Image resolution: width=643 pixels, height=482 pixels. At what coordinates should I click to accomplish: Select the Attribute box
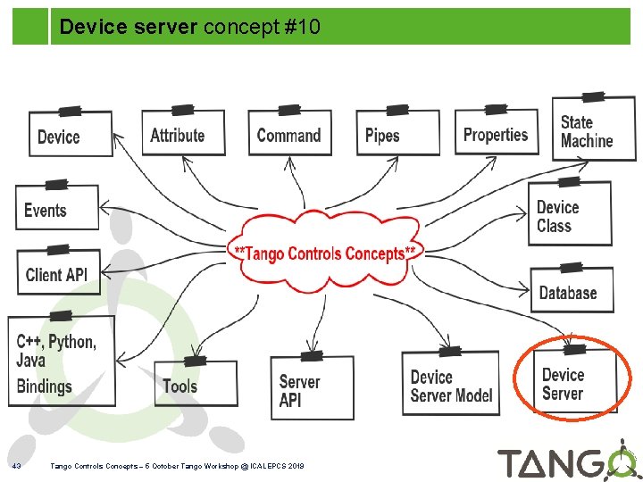pyautogui.click(x=182, y=134)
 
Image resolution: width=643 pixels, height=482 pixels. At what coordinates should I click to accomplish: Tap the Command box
pyautogui.click(x=288, y=134)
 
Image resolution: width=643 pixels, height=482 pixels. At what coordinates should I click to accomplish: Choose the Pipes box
pyautogui.click(x=397, y=135)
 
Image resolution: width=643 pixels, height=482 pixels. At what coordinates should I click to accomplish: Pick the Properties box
pyautogui.click(x=497, y=133)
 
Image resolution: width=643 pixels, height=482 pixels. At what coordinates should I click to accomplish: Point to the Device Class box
pyautogui.click(x=569, y=215)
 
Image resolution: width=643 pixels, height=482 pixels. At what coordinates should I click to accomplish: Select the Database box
pyautogui.click(x=570, y=291)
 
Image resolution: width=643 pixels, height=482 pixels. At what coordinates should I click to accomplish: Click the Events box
pyautogui.click(x=55, y=210)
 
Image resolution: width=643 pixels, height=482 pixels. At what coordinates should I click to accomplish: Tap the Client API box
pyautogui.click(x=58, y=272)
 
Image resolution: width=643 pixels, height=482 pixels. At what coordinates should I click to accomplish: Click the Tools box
pyautogui.click(x=194, y=385)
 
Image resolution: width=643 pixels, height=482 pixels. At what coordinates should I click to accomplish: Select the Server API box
pyautogui.click(x=311, y=389)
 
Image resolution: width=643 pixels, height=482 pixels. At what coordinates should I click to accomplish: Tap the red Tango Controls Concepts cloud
pyautogui.click(x=323, y=253)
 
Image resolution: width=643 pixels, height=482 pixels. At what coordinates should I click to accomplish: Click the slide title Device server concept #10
pyautogui.click(x=189, y=28)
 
